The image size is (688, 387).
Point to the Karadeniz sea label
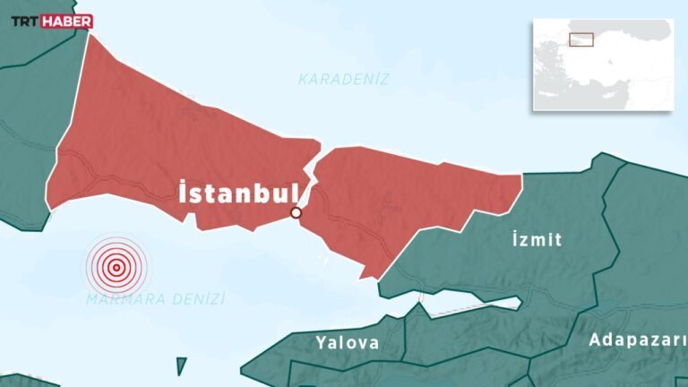point(344,79)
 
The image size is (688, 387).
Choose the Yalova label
point(347,342)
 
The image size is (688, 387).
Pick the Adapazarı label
point(637,340)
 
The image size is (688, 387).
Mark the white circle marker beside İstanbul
point(296,213)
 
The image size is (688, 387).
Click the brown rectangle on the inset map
point(581,39)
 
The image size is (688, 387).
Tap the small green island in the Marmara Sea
point(182,365)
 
